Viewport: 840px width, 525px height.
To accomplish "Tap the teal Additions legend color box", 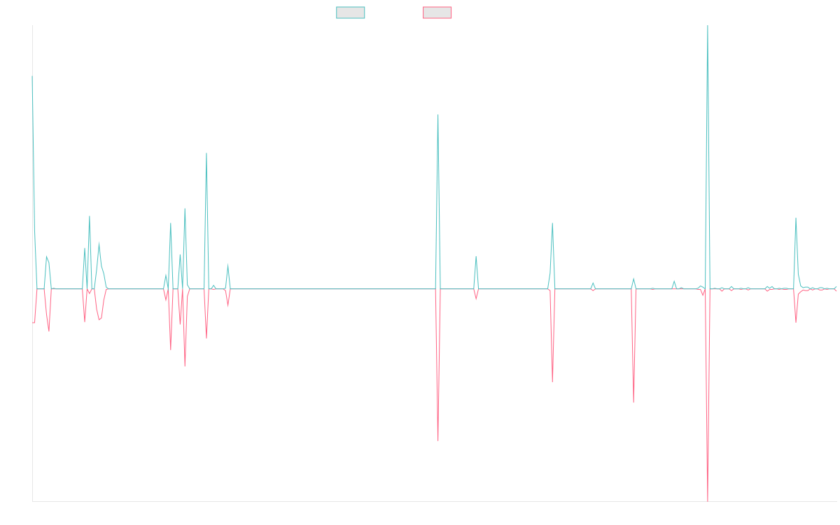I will click(351, 13).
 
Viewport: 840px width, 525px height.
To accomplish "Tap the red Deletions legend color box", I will click(437, 13).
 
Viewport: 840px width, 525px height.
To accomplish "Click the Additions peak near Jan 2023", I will click(438, 115).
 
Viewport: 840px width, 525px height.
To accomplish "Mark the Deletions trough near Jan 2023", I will click(438, 441).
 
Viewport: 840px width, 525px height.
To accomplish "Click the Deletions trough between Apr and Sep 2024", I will click(633, 402).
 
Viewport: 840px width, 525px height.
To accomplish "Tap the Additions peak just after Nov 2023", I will click(552, 223).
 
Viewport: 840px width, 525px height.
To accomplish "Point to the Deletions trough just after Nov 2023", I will click(552, 381).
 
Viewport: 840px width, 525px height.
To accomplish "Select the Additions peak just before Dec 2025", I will click(796, 219).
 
